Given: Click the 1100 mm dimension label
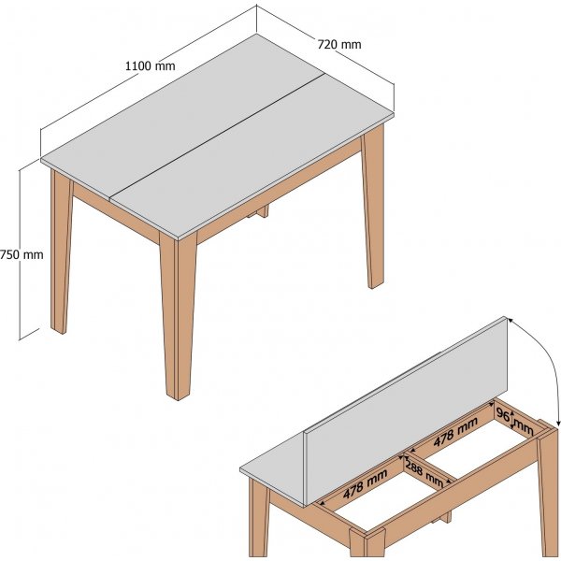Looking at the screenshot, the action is [x=151, y=65].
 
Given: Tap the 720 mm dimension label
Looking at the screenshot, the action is [x=339, y=44].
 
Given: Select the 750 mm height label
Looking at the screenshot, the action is [x=22, y=254].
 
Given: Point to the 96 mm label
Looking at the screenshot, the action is [x=515, y=421].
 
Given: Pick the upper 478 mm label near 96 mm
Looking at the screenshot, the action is [x=455, y=432].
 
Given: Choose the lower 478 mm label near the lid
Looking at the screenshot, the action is [x=365, y=484].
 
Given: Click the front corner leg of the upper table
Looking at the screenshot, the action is [x=179, y=315].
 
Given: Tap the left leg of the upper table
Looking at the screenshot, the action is [x=62, y=252].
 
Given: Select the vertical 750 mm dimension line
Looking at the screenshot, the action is [x=20, y=254].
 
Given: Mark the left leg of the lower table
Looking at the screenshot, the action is [x=259, y=518].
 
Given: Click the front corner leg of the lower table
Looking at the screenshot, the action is [x=367, y=542].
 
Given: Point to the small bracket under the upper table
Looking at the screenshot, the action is [x=258, y=211].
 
